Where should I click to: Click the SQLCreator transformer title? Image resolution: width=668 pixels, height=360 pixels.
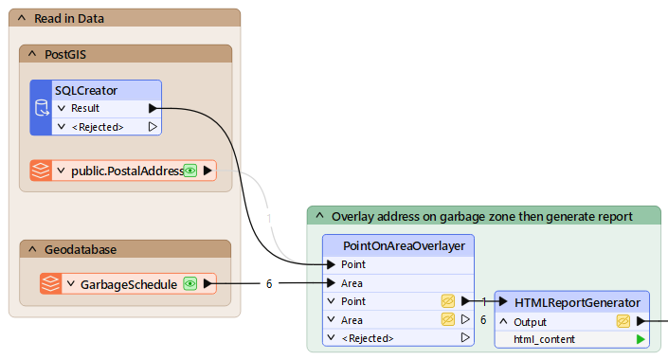(85, 90)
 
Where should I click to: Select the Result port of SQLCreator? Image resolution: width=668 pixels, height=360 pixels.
(85, 108)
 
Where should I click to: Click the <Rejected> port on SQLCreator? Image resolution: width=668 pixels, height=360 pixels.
(97, 126)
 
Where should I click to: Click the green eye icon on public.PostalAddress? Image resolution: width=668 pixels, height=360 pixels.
(190, 171)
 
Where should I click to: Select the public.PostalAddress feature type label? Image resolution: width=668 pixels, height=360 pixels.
(127, 171)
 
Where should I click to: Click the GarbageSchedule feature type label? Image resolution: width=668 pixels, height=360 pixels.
(128, 283)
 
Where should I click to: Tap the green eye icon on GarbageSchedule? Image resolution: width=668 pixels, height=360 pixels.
(190, 283)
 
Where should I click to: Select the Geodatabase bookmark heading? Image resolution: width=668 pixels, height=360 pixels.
(81, 249)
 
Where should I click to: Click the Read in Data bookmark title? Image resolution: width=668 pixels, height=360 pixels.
(69, 18)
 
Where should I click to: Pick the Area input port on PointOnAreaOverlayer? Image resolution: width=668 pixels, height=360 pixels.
(352, 283)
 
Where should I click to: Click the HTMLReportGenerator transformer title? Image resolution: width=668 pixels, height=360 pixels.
(577, 302)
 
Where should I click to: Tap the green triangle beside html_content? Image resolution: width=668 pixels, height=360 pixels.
(641, 338)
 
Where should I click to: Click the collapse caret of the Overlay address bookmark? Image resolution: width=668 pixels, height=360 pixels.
(319, 216)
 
